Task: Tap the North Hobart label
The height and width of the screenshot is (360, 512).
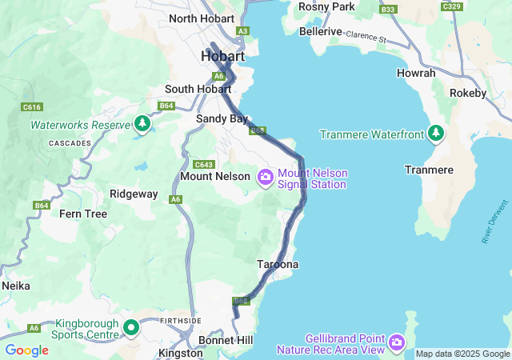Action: [202, 18]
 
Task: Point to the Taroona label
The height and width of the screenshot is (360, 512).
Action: [278, 264]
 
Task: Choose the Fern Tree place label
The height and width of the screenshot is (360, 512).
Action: [83, 214]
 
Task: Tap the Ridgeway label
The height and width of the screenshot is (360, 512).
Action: [134, 194]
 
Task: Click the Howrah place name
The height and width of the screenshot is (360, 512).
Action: [416, 73]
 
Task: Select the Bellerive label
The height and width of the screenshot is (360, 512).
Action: [320, 32]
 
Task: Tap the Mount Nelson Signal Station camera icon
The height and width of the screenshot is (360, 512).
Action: [265, 177]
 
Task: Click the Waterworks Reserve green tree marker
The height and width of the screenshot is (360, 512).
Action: [142, 124]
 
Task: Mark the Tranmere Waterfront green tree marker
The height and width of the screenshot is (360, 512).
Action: [436, 133]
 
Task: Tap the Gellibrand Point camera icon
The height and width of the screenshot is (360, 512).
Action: [397, 343]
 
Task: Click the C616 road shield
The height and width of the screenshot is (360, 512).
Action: [33, 106]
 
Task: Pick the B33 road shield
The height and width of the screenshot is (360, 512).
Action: [389, 9]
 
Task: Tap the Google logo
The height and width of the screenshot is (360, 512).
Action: [26, 350]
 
